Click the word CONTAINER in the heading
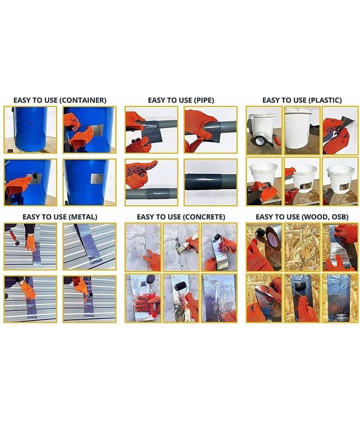[x=83, y=100]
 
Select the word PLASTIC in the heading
[x=325, y=100]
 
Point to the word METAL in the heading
[x=83, y=217]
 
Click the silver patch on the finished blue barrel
[x=97, y=178]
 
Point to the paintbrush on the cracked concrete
[x=186, y=243]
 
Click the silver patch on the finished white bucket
[x=340, y=189]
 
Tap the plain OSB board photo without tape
[x=302, y=247]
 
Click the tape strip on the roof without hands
[x=89, y=244]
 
